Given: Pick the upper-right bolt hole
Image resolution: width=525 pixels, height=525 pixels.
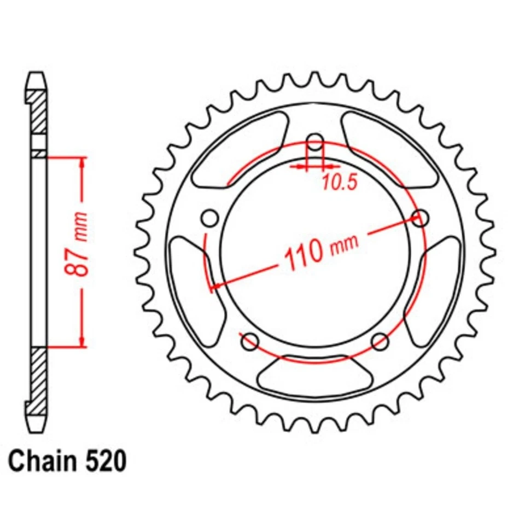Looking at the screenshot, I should [x=420, y=218].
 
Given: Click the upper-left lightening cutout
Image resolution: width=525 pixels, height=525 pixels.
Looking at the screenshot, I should [x=241, y=148].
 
